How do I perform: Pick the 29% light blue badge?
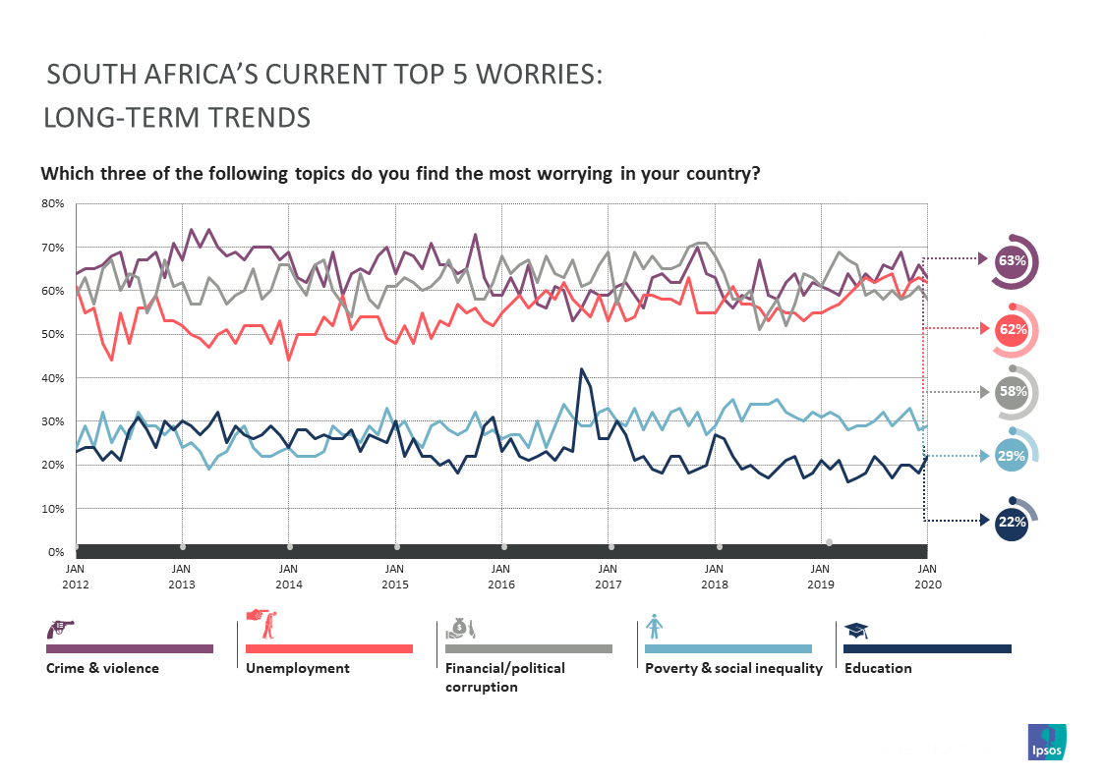tap(1012, 455)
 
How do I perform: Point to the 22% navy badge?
tap(1012, 522)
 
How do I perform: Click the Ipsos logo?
tap(1046, 742)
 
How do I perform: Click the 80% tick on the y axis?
tap(52, 204)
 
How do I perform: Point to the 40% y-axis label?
tap(52, 378)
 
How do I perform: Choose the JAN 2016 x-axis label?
tap(501, 576)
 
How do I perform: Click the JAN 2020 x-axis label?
tap(927, 576)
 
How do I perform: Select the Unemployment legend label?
tap(297, 668)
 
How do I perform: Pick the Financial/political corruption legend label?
tap(505, 677)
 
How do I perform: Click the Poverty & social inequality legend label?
tap(732, 668)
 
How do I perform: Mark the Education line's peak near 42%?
tap(581, 369)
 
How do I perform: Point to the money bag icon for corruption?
tap(460, 626)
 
